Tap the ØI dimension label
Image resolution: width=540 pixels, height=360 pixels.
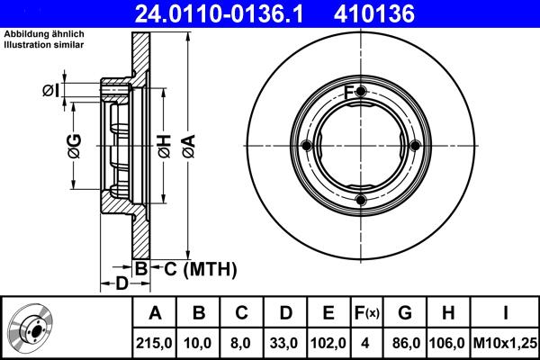tap(50, 90)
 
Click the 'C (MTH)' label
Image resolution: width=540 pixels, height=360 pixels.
tap(194, 268)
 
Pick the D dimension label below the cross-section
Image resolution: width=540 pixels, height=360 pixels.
tap(121, 284)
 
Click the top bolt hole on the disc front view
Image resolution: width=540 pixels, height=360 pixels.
tap(360, 93)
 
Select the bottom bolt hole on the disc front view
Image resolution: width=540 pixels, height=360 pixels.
tap(360, 200)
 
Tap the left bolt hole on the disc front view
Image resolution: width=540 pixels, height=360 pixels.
tap(307, 147)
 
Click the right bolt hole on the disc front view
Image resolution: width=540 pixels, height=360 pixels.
tap(414, 147)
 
